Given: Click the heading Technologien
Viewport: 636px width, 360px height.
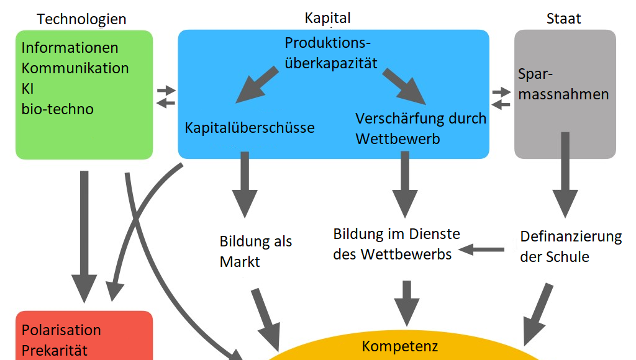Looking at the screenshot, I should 81,19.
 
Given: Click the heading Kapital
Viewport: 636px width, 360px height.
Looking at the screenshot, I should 327,17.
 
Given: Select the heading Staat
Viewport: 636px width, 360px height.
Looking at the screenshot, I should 563,19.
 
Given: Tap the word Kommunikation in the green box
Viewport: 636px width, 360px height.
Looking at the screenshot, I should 75,68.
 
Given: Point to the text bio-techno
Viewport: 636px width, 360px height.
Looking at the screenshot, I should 57,109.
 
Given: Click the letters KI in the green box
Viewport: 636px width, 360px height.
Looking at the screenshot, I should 28,89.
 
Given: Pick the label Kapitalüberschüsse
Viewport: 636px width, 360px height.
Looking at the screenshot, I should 250,128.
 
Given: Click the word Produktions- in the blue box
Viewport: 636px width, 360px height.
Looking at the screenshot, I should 327,43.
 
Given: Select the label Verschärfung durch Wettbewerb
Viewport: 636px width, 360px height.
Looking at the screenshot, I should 420,128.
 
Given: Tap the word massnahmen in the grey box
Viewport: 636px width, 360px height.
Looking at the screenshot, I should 563,95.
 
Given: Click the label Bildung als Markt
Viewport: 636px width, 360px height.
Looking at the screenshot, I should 255,251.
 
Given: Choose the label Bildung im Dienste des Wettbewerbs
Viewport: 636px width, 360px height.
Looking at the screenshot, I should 396,244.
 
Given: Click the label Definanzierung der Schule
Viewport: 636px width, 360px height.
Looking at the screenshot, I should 570,246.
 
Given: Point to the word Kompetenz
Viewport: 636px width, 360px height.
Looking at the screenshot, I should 400,346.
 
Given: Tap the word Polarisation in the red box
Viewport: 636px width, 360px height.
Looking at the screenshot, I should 61,330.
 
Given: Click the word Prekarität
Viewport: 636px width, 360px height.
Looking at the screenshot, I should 55,350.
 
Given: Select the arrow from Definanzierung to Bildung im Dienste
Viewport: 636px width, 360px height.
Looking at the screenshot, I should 481,250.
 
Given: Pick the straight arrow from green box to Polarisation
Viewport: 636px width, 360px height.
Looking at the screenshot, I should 84,236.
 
